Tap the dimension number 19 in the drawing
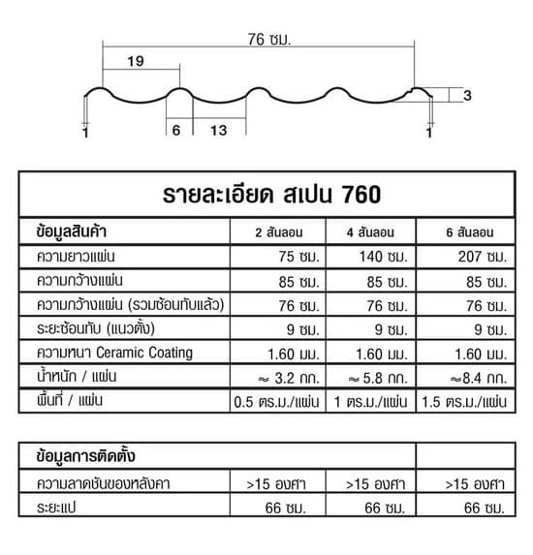(x=135, y=61)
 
